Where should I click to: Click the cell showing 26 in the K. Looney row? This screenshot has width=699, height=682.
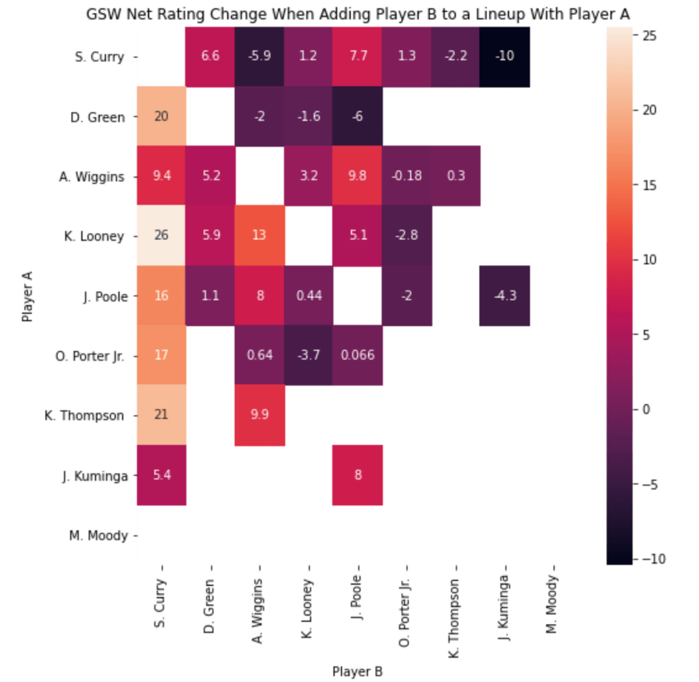161,236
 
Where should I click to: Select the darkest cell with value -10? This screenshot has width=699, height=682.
504,57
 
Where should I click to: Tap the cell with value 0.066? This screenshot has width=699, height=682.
357,356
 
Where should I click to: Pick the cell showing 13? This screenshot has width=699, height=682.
259,236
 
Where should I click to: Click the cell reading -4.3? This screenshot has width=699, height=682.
504,296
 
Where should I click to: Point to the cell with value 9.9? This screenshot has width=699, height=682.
259,415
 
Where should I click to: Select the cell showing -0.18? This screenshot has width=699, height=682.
407,176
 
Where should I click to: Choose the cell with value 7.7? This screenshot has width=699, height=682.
357,57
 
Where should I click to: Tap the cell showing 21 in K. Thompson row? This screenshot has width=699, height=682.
161,415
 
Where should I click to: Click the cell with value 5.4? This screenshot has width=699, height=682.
161,476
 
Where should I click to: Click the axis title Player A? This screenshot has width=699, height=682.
27,297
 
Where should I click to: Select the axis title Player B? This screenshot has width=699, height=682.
357,671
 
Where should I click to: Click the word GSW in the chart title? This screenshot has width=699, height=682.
100,14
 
